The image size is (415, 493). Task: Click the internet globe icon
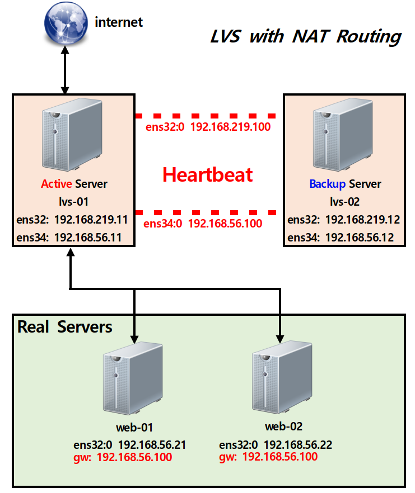(64, 22)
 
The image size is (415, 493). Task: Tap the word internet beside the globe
(119, 22)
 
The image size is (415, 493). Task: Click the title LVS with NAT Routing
(305, 37)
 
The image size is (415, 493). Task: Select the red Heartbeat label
(208, 175)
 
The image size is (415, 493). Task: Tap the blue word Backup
(328, 184)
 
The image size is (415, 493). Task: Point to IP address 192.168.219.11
(91, 220)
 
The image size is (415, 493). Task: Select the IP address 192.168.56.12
(359, 238)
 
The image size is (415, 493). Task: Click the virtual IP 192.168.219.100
(230, 127)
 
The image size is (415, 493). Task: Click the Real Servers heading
(65, 327)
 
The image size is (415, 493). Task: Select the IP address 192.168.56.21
(152, 445)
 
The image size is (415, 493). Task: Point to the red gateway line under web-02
(268, 457)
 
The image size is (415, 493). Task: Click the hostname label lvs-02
(346, 202)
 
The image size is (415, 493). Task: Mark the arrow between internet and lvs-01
(65, 70)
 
